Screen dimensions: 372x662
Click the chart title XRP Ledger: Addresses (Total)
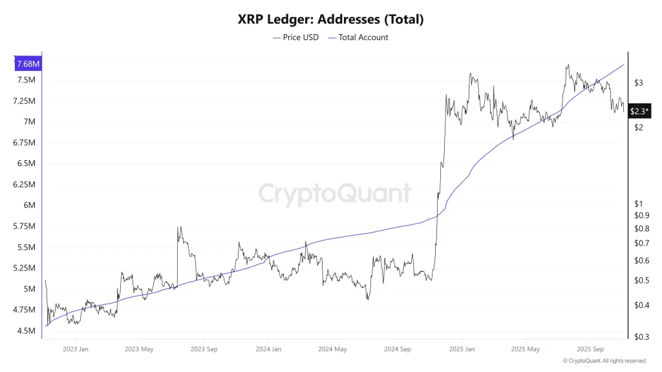(x=330, y=19)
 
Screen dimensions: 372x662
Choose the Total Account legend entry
(x=358, y=37)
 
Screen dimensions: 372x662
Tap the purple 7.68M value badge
(x=28, y=63)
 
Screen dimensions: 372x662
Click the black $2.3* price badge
(x=639, y=111)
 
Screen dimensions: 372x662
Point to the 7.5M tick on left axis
(x=26, y=80)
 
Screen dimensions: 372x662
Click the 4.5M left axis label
(x=26, y=331)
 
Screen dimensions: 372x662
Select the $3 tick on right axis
(x=639, y=83)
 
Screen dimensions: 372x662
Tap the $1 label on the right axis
(x=639, y=203)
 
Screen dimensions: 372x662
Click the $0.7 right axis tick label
(x=641, y=243)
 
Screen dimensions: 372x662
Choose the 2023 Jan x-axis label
(x=76, y=349)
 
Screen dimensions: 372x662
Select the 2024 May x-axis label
(x=332, y=349)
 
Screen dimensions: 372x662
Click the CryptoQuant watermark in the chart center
(x=334, y=193)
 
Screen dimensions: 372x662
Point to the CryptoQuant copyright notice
(x=603, y=361)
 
